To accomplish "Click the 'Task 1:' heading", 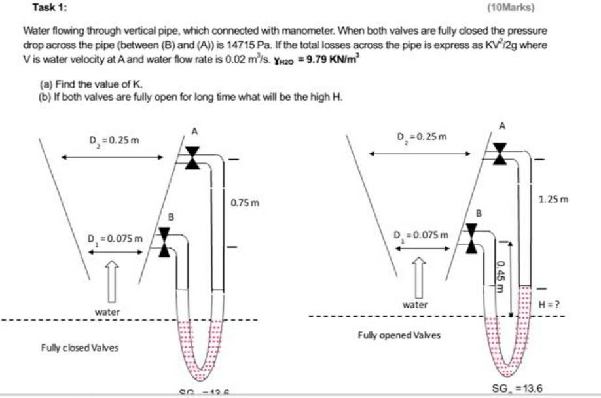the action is pyautogui.click(x=49, y=8).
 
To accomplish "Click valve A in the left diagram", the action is pyautogui.click(x=192, y=157).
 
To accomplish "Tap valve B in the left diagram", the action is pyautogui.click(x=164, y=242).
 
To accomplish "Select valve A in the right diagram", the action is pyautogui.click(x=500, y=153).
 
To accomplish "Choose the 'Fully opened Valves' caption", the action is pyautogui.click(x=399, y=335).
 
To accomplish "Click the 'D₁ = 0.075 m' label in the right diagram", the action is pyautogui.click(x=421, y=234).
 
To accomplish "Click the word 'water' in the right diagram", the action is pyautogui.click(x=414, y=304).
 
